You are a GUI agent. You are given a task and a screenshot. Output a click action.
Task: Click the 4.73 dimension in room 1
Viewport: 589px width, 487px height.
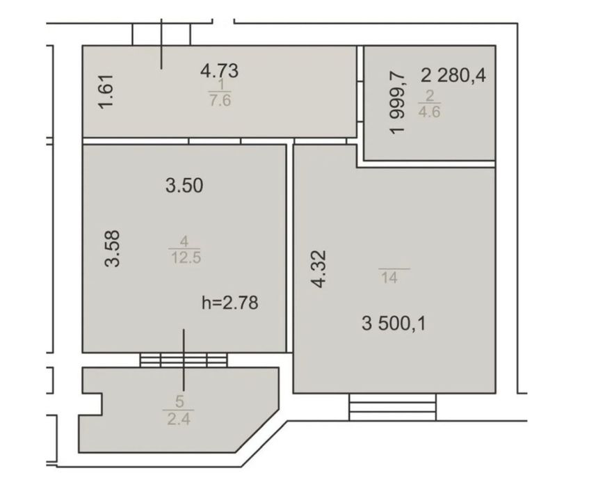219,71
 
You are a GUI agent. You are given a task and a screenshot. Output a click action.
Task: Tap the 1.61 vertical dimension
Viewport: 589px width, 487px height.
106,92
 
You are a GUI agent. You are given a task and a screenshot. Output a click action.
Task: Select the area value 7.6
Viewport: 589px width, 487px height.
220,101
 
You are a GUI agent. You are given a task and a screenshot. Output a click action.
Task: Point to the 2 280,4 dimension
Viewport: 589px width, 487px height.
453,76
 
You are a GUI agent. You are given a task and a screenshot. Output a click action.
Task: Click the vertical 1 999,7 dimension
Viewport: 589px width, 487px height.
398,102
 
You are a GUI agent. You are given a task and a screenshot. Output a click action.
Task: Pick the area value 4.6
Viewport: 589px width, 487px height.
429,111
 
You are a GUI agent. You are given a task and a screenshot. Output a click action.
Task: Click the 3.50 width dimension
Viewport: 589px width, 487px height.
184,185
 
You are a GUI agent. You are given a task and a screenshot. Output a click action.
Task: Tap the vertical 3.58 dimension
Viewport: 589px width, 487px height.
112,248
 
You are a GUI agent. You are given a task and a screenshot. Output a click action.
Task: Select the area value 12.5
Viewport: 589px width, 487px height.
186,258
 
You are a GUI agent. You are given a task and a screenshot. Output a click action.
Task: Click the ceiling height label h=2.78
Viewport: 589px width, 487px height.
230,302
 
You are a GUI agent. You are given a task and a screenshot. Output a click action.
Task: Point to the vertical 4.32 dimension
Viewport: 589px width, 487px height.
319,269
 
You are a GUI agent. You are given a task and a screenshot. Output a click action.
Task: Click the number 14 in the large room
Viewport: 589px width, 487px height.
389,278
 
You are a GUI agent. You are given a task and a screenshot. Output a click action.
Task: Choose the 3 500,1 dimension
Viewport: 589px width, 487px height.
394,324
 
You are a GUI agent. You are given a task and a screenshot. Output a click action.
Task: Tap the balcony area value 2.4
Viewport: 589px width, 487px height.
179,419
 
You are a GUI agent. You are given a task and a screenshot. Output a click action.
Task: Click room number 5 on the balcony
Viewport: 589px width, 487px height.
179,401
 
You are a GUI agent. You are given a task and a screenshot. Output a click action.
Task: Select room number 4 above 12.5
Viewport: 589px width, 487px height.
184,241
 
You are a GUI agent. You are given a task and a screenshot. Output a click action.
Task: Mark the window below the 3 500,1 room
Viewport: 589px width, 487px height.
392,407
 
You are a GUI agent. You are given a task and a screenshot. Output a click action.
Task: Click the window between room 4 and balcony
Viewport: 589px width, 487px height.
184,360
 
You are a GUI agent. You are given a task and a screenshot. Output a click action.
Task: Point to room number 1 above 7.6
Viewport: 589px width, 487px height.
221,84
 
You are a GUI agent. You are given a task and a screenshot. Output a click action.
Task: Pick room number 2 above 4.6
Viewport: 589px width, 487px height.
429,95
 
